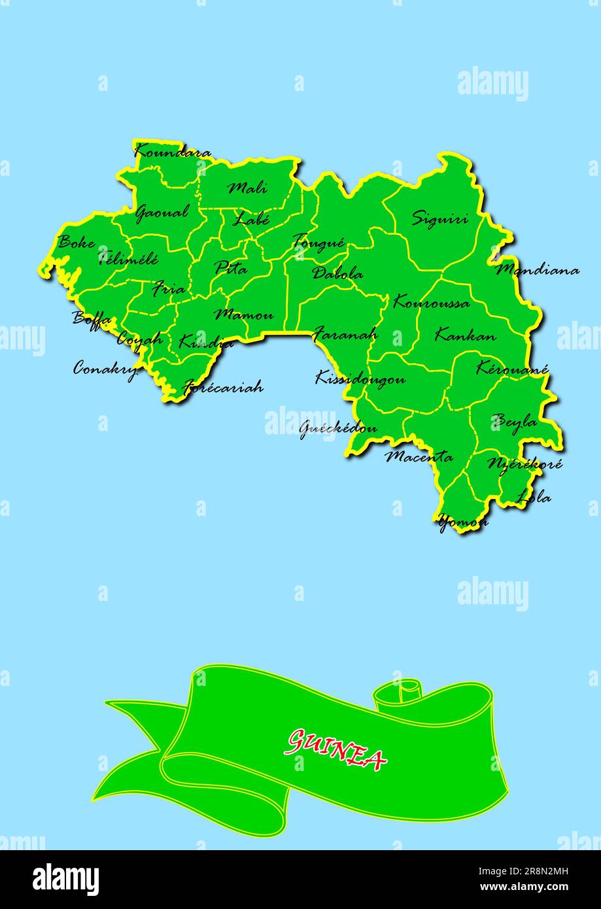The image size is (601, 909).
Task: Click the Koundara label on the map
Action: (173, 153)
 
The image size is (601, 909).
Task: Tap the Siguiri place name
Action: (439, 218)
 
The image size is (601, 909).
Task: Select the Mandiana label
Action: (537, 269)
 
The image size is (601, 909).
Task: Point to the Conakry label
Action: (105, 369)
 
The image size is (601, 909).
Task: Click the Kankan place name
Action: (465, 336)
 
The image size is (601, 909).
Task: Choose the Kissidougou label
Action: (360, 378)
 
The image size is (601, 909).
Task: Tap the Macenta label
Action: (419, 456)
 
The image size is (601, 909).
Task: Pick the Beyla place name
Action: (515, 422)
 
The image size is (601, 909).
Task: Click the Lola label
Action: (534, 498)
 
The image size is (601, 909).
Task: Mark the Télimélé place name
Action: (128, 259)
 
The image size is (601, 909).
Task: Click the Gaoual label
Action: (162, 213)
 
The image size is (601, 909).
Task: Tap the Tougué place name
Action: (318, 243)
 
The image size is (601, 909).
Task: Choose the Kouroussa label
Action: (431, 303)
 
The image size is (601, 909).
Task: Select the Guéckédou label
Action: (338, 428)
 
